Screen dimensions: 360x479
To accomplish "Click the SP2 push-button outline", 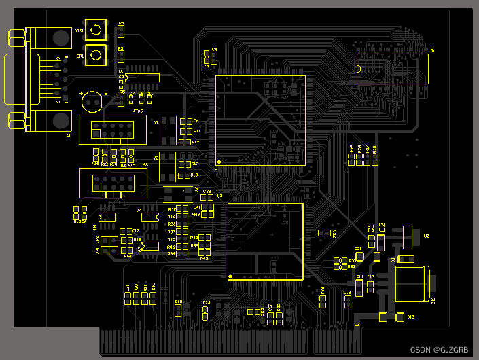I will tap(96, 29).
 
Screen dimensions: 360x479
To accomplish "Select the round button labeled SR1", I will tap(96, 55).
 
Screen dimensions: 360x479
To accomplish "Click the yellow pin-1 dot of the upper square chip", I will tap(219, 161).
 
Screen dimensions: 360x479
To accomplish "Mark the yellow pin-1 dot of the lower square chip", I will tap(231, 276).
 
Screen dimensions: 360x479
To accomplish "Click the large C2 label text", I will tap(382, 227).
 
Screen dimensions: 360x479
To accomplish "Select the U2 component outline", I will tap(408, 236).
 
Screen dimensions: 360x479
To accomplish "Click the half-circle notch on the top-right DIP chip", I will tap(358, 68).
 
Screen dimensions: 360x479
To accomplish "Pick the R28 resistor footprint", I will tap(374, 159).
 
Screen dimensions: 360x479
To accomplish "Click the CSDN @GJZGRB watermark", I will tap(440, 350).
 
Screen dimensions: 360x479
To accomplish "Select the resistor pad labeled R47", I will tap(182, 209).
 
